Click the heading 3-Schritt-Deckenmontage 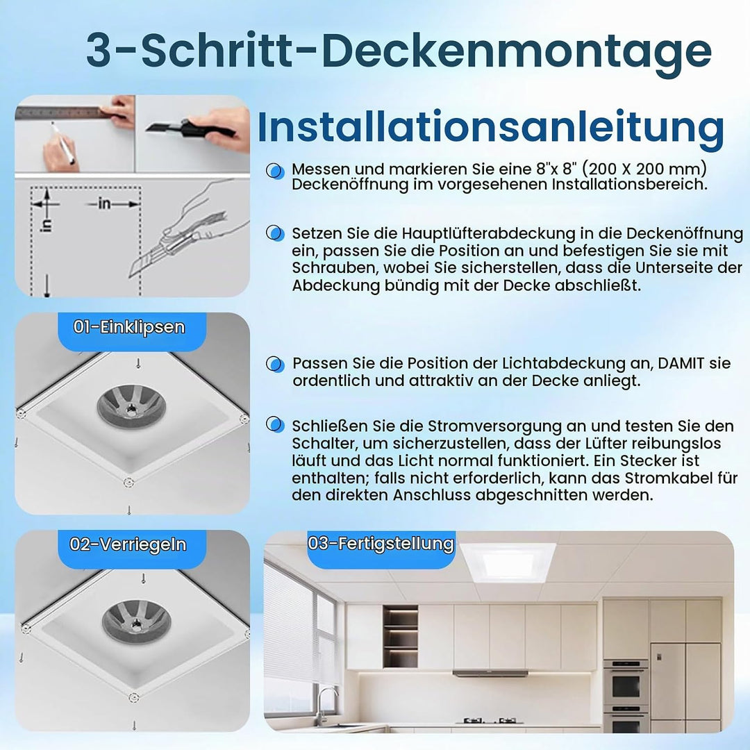coord(399,51)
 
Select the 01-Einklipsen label coord(129,327)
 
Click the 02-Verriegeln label coord(128,544)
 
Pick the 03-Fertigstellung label coord(381,543)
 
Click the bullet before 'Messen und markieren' coord(275,170)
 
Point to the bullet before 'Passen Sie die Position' coord(275,363)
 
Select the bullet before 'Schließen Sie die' coord(275,424)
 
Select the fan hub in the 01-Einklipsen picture coord(131,407)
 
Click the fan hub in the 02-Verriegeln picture coord(137,622)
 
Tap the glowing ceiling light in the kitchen coord(508,562)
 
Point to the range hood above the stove coord(490,674)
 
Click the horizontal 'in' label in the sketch coord(104,203)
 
